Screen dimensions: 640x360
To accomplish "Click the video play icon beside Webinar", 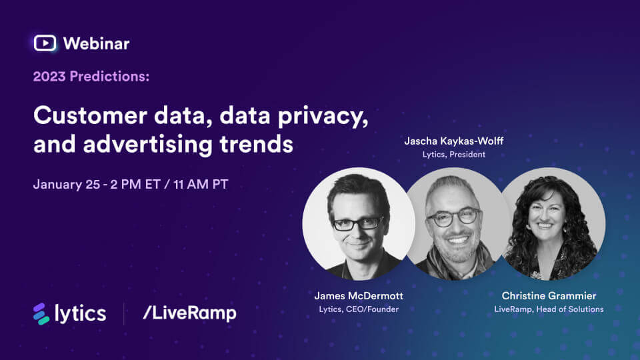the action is click(x=45, y=43).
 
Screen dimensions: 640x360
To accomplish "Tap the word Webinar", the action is click(x=96, y=44).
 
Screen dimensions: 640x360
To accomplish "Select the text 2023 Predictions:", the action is click(x=91, y=76).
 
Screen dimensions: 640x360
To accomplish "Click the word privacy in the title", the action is click(x=323, y=116).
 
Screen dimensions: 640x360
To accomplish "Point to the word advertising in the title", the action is click(x=148, y=145).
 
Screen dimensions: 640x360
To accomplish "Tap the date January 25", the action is click(x=67, y=185).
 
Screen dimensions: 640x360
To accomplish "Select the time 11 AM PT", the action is click(x=201, y=185).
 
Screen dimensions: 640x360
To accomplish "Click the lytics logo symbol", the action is click(x=41, y=314).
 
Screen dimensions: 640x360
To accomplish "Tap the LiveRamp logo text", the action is click(x=190, y=313).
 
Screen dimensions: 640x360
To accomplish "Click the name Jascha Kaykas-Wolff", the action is click(x=453, y=141).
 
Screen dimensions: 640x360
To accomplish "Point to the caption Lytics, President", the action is click(x=454, y=154).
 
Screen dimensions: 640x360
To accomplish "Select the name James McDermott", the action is click(x=359, y=295).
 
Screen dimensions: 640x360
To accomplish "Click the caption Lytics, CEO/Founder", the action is click(x=359, y=309).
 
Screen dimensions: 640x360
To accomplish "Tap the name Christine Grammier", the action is click(x=549, y=295).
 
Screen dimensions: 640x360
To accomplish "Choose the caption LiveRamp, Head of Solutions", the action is click(x=549, y=309).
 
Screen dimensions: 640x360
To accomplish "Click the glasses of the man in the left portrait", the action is click(x=357, y=223).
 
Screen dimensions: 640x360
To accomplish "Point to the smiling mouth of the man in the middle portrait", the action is click(x=457, y=240).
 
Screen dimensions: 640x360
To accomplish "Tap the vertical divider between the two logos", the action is click(x=124, y=313).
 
